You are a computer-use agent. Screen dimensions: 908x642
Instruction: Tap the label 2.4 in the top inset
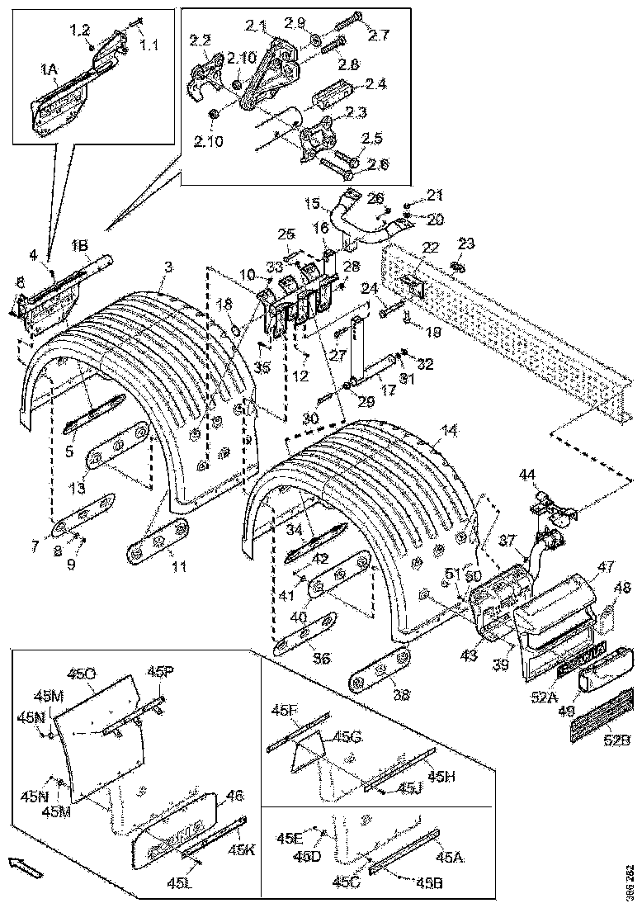pyautogui.click(x=376, y=83)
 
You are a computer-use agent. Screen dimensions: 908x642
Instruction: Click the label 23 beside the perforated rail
pyautogui.click(x=466, y=244)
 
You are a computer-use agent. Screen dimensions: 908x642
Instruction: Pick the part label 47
pyautogui.click(x=607, y=567)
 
